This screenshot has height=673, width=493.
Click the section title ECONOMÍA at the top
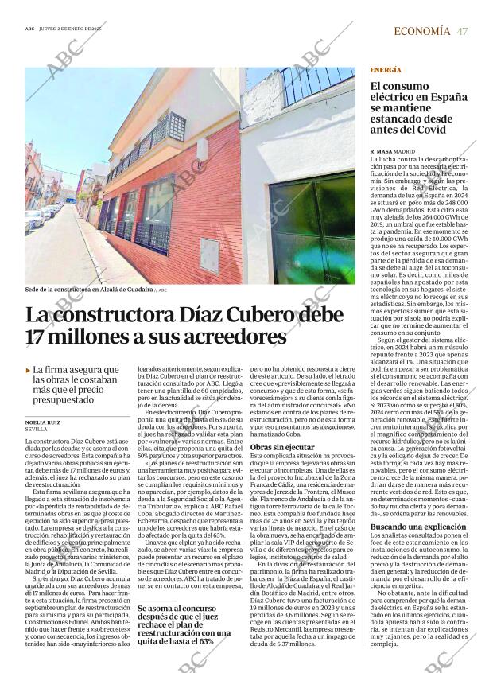pyautogui.click(x=421, y=31)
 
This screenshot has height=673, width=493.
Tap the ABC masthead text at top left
pyautogui.click(x=30, y=31)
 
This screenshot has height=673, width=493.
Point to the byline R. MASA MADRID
pyautogui.click(x=393, y=150)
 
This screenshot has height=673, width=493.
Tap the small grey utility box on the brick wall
pyautogui.click(x=210, y=256)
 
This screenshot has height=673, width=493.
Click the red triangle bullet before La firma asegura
pyautogui.click(x=29, y=370)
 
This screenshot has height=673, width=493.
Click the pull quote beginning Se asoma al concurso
pyautogui.click(x=184, y=623)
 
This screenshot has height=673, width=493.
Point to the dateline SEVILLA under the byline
pyautogui.click(x=37, y=430)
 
